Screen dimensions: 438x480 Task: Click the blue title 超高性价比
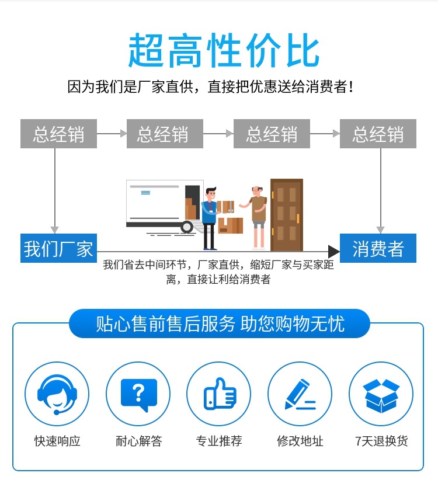click(x=224, y=50)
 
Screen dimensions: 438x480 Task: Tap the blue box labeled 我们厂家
click(x=58, y=248)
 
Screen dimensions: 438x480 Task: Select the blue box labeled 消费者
click(x=378, y=248)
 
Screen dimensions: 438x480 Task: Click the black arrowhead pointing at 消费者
click(x=333, y=252)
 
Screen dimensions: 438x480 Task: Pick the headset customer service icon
click(x=57, y=394)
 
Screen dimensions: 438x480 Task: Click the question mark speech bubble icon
click(x=139, y=394)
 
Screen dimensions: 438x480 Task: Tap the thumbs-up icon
click(x=220, y=394)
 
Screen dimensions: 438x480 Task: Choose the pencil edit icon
click(x=300, y=394)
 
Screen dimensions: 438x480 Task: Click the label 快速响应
click(x=57, y=441)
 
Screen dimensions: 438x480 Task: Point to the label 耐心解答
click(x=138, y=441)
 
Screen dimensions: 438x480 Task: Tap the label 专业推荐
click(x=219, y=441)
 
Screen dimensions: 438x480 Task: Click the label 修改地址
click(x=300, y=441)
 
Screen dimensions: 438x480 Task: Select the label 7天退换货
click(x=381, y=441)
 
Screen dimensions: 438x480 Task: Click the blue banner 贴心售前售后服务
click(x=220, y=324)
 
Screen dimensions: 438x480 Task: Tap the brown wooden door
click(x=287, y=215)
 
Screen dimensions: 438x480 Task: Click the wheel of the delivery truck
click(x=186, y=227)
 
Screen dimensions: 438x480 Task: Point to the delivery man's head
click(x=211, y=194)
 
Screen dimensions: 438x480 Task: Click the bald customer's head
click(x=256, y=191)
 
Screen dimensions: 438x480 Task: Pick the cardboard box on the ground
click(x=231, y=225)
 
